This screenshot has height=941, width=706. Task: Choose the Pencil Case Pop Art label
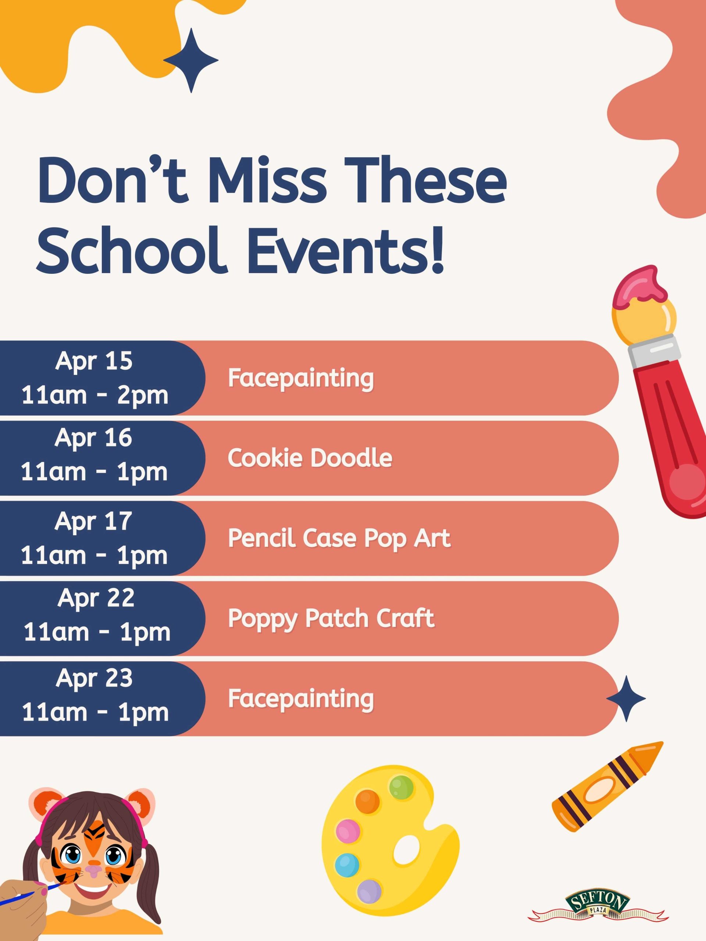click(339, 539)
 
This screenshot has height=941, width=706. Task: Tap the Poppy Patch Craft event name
click(331, 619)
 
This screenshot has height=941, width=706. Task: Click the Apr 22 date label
click(96, 598)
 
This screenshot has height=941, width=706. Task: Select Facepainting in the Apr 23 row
click(301, 699)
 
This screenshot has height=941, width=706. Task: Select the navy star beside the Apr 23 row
click(626, 698)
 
